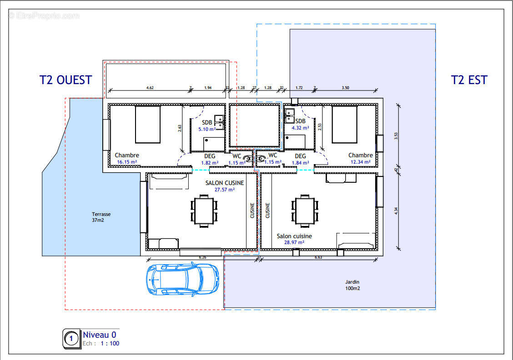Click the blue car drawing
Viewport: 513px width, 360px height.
pos(182,278)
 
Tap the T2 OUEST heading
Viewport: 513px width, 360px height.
pos(65,80)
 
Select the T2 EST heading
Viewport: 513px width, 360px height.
pos(469,80)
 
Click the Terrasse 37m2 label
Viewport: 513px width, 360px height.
pos(101,217)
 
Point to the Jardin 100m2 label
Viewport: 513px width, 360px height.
pos(352,285)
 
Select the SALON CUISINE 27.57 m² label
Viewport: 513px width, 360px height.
pos(225,186)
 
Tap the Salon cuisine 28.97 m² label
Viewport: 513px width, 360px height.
pos(294,239)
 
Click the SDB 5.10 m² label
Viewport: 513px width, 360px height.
pos(207,126)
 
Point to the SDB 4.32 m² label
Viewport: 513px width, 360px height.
pos(300,125)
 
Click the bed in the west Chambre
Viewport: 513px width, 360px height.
pos(148,124)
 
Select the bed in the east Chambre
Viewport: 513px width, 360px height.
pos(344,124)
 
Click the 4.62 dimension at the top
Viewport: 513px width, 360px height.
pos(150,87)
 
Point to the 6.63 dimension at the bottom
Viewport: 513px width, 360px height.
pos(318,258)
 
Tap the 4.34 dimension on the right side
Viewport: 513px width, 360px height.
pos(395,210)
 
